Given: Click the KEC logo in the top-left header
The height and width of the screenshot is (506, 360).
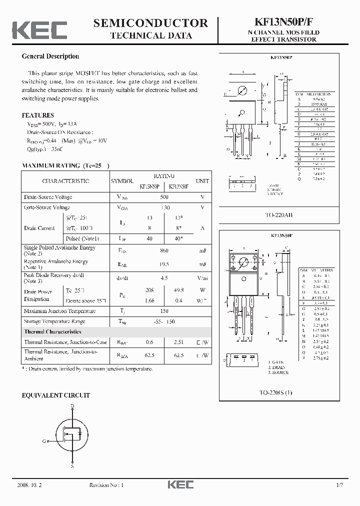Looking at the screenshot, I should pyautogui.click(x=39, y=29).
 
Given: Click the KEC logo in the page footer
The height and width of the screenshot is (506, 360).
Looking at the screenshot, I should pyautogui.click(x=180, y=485).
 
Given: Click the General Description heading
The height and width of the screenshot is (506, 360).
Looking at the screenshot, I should pyautogui.click(x=50, y=56).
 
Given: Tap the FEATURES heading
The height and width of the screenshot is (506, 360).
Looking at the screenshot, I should pyautogui.click(x=37, y=115).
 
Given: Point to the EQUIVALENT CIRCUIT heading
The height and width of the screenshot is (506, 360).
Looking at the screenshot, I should pyautogui.click(x=55, y=395).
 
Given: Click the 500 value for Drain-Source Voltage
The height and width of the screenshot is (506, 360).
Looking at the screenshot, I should pyautogui.click(x=164, y=197).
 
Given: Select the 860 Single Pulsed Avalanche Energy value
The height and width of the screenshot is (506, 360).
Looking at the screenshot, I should pyautogui.click(x=164, y=250).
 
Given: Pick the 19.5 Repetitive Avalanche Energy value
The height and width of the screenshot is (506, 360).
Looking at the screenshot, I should pyautogui.click(x=164, y=264).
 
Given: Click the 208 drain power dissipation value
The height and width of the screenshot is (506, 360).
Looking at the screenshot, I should pyautogui.click(x=149, y=290).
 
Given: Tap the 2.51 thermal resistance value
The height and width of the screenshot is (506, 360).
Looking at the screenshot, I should pyautogui.click(x=178, y=342).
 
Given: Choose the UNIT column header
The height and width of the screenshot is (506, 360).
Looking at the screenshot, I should pyautogui.click(x=202, y=181).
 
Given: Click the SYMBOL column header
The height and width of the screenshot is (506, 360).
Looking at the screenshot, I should pyautogui.click(x=122, y=181).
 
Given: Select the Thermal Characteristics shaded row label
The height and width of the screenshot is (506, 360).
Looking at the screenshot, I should pyautogui.click(x=52, y=331).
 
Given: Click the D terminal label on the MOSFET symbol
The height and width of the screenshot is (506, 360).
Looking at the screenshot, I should pyautogui.click(x=72, y=406).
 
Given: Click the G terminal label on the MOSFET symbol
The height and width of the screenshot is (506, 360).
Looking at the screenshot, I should pyautogui.click(x=43, y=441).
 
